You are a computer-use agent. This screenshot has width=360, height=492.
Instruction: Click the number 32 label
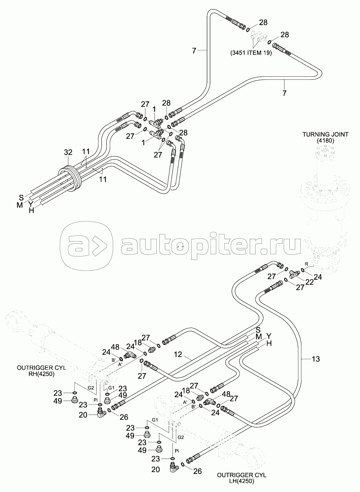[x=68, y=152]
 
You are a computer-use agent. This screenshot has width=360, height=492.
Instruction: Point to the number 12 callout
[x=178, y=354]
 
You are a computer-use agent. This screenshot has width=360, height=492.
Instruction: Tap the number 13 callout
[x=316, y=359]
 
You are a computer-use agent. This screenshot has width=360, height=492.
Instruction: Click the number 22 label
[x=310, y=282]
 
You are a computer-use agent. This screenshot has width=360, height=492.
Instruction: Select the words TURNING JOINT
[x=325, y=134]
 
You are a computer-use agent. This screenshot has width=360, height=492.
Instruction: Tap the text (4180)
[x=325, y=141]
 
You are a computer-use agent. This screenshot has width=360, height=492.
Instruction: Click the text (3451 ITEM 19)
[x=251, y=53]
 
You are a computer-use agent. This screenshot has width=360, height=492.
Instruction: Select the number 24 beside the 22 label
[x=318, y=277]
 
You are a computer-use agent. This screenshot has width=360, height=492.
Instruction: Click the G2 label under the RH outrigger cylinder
[x=91, y=388]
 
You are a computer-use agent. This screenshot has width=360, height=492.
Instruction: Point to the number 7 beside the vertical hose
[x=194, y=51]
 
